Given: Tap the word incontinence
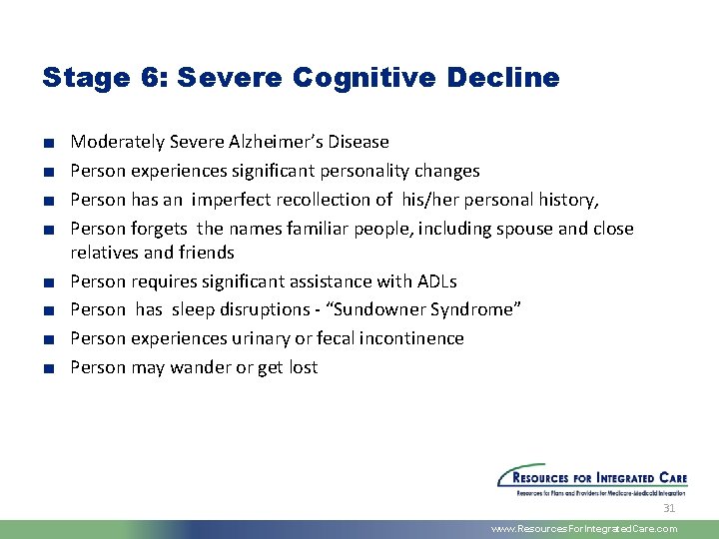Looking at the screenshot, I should click(409, 338).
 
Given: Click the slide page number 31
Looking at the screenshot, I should click(669, 508).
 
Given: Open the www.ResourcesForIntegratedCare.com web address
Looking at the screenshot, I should click(584, 529).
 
